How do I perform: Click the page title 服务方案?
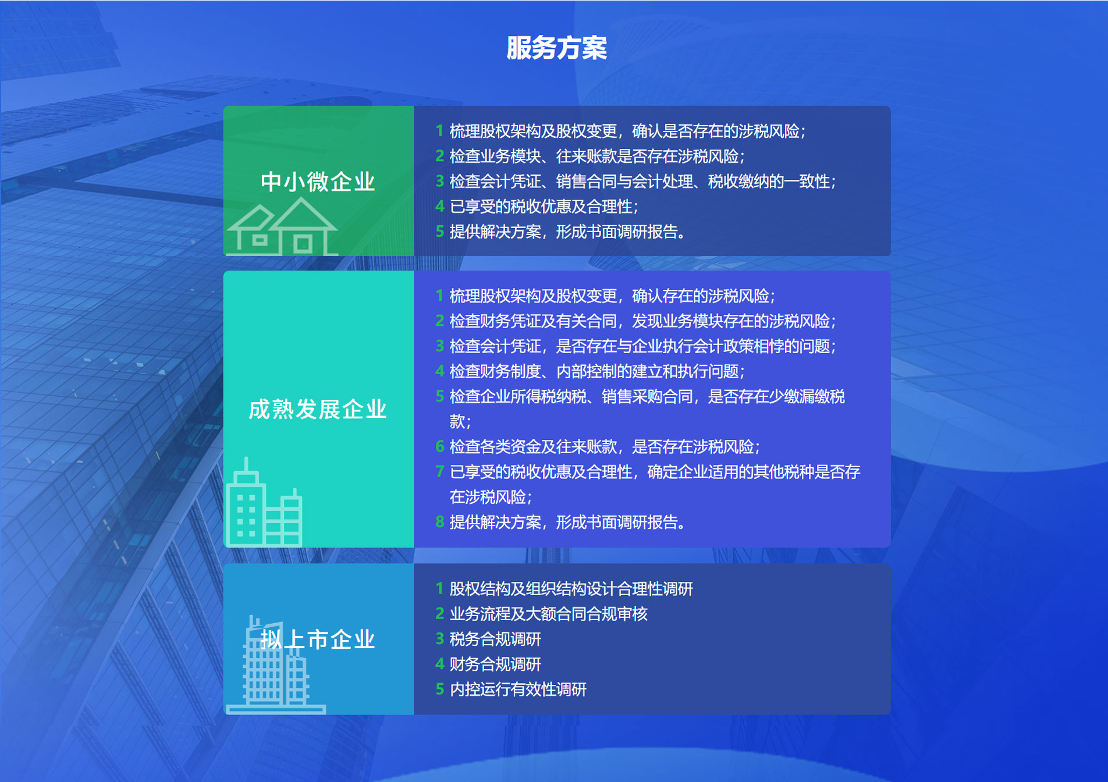coord(556,48)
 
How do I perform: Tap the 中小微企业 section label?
coord(318,182)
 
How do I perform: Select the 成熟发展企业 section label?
coord(318,409)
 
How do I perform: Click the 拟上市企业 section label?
coord(318,639)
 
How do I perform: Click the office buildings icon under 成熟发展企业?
coord(264,502)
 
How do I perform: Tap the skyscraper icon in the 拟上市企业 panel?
coord(275,664)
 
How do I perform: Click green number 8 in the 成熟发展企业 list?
coord(440,522)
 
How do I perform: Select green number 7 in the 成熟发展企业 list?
coord(440,471)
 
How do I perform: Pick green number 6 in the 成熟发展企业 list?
coord(440,446)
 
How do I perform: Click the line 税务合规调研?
coord(495,639)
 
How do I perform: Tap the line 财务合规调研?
coord(495,664)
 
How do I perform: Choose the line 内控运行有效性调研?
coord(518,689)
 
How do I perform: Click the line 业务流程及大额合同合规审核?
coord(548,614)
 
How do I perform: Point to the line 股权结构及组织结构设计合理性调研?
coord(571,589)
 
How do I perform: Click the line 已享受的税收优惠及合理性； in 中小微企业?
coord(544,206)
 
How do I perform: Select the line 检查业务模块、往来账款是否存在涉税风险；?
coord(597,156)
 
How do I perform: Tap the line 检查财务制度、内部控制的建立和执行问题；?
coord(597,371)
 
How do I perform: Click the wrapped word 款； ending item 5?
coord(460,421)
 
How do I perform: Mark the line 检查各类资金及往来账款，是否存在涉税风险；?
coord(605,446)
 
